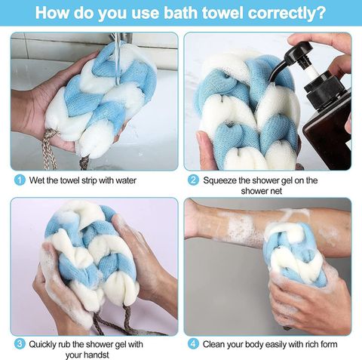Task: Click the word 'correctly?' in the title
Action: tap(287, 13)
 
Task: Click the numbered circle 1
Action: tap(20, 180)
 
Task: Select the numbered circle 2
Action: tap(193, 180)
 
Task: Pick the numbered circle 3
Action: tap(20, 344)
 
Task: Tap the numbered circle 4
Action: tap(193, 344)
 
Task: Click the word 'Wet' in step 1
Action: tap(35, 180)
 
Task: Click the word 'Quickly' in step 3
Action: tap(42, 344)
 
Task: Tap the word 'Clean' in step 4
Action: tap(213, 344)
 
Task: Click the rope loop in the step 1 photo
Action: tap(48, 149)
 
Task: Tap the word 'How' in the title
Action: tap(52, 12)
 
